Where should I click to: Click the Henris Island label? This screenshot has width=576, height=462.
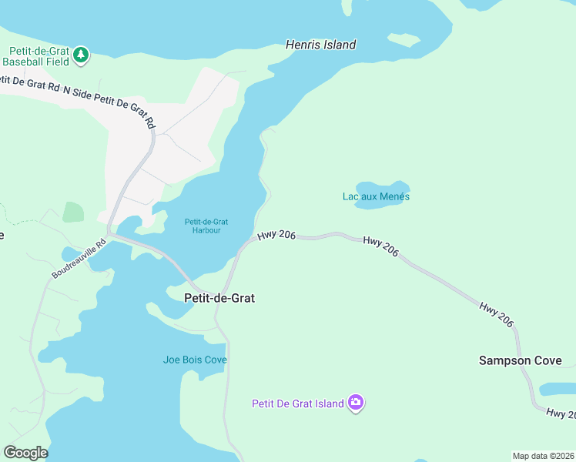[x=320, y=45]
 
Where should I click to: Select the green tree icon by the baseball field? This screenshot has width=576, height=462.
[x=81, y=55]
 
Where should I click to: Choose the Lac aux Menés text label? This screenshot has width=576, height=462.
[x=376, y=196]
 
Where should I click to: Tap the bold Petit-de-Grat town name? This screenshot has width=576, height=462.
[x=219, y=297]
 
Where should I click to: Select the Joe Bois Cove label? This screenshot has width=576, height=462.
[x=195, y=360]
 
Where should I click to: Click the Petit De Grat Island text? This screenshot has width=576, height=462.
[x=298, y=403]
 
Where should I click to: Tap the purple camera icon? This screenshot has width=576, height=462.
[x=355, y=403]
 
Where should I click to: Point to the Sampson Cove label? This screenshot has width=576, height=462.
[x=521, y=360]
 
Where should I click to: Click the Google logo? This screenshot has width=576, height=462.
[x=25, y=453]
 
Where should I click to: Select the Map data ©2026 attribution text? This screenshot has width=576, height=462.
[x=543, y=456]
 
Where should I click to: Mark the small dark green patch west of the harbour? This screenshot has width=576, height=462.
[x=73, y=212]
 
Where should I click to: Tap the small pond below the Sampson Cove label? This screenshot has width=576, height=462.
[x=558, y=389]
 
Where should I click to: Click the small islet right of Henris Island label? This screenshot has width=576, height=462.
[x=404, y=38]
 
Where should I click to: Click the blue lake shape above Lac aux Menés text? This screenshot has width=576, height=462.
[x=383, y=187]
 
